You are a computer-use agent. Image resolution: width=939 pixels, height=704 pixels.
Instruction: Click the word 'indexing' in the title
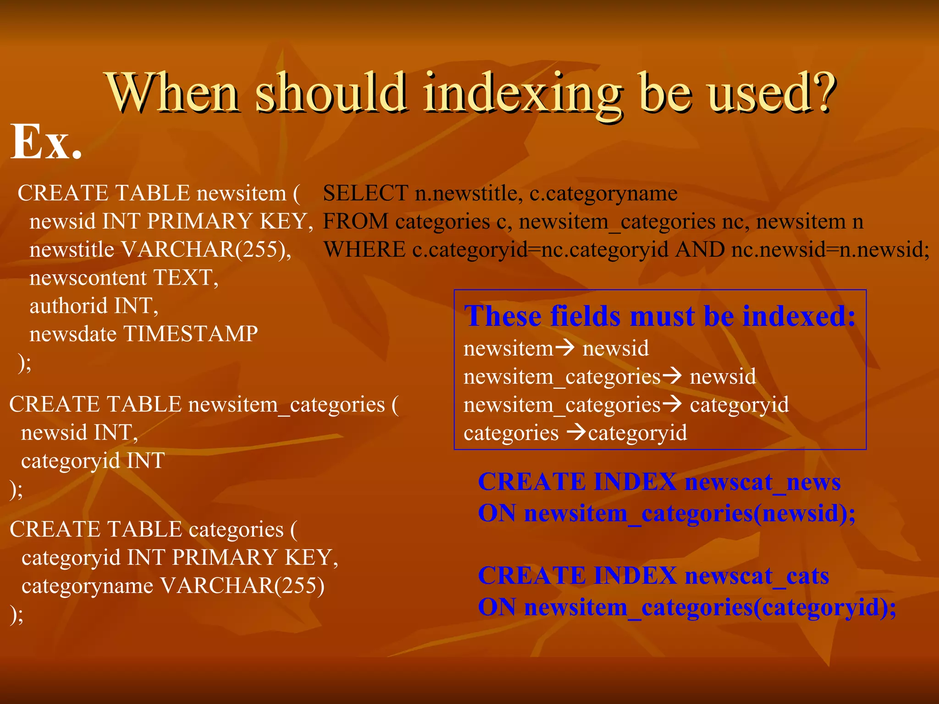point(522,94)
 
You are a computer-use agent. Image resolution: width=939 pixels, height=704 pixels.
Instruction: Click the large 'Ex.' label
point(46,143)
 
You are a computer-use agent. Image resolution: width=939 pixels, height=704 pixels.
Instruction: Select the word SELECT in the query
point(365,193)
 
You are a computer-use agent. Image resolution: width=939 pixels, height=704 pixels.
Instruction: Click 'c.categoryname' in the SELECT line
point(603,193)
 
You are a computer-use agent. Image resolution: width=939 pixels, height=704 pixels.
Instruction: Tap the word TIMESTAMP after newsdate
point(191,334)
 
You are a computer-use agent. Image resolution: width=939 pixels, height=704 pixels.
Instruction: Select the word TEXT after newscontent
point(185,278)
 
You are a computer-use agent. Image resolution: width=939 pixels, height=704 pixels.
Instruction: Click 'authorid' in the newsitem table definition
point(68,306)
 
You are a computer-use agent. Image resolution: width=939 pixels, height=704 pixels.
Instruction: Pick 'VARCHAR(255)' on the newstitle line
point(206,250)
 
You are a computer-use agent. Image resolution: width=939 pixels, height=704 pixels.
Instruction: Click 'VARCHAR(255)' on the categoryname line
point(243,586)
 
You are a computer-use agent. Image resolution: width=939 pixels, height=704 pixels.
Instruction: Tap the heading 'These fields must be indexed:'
point(659,316)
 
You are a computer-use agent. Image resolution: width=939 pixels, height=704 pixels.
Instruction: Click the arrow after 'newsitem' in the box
point(565,348)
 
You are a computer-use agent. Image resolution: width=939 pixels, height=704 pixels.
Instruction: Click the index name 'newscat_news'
point(762,482)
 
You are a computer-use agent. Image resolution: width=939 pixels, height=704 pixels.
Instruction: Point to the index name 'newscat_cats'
point(757,576)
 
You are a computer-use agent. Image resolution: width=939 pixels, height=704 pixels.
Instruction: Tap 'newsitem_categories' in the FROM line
point(617,222)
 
